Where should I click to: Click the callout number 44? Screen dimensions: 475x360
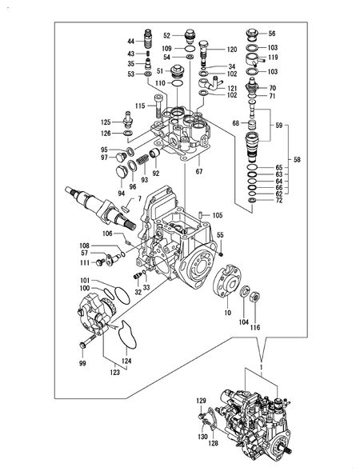(x=130, y=41)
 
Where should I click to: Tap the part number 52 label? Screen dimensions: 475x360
(x=167, y=35)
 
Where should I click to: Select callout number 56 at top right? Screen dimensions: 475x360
(x=271, y=34)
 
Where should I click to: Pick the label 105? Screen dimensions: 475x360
(x=217, y=215)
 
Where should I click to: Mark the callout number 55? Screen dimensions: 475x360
(x=220, y=234)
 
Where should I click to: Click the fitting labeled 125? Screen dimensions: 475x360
(x=125, y=122)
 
